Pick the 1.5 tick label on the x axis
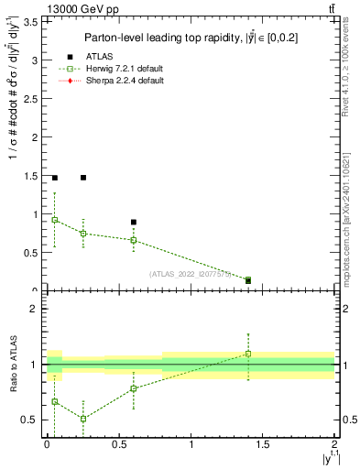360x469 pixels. (263, 445)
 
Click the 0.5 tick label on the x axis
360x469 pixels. (119, 445)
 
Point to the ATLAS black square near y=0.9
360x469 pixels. (134, 222)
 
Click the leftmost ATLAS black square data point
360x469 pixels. (55, 178)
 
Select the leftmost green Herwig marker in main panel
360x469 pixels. (55, 220)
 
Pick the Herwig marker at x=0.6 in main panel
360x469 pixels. (134, 240)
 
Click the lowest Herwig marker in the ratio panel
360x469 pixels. (83, 419)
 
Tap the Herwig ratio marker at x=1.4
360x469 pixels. (248, 354)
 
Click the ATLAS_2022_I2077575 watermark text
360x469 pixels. (191, 274)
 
